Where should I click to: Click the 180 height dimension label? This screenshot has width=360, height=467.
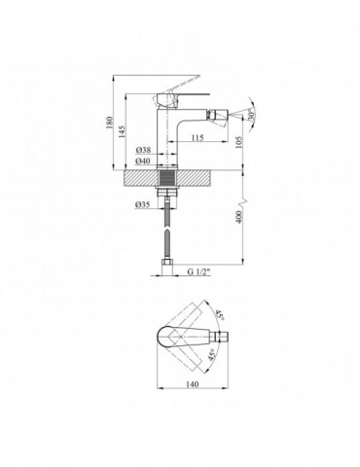[109, 124]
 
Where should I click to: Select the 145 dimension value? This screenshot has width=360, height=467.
[122, 132]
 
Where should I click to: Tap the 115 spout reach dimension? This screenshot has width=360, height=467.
[198, 137]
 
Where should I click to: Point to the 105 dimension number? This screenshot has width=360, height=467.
[239, 142]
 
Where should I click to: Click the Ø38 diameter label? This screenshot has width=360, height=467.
[143, 150]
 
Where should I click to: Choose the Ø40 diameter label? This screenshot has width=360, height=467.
[143, 161]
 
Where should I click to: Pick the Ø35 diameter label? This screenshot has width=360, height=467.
[143, 204]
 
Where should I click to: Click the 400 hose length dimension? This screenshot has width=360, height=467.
[239, 217]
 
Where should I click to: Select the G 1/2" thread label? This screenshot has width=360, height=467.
[198, 271]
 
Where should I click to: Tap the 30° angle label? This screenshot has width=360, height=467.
[251, 116]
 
